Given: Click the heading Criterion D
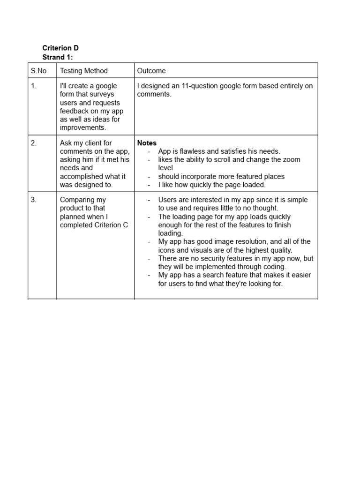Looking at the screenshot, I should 60,48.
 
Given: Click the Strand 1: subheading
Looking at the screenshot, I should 58,57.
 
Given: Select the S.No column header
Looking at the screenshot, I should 39,71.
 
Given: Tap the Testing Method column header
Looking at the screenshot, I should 84,71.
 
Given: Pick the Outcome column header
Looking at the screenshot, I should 151,71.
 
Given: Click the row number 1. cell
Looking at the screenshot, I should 34,86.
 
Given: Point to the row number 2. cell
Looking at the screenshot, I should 34,143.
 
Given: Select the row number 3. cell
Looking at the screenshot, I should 34,200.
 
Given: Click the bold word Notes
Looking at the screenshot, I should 147,143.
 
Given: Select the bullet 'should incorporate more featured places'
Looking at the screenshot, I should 221,177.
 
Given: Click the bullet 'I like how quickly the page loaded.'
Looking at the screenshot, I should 212,185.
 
